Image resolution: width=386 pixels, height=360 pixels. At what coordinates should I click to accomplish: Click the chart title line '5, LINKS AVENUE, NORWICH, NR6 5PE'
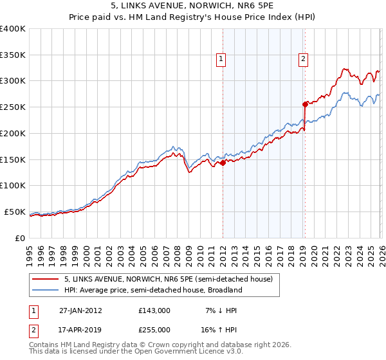[192, 7]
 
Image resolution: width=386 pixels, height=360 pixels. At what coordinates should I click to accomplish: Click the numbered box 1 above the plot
[221, 59]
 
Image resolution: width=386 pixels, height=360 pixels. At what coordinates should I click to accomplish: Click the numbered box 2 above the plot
[303, 59]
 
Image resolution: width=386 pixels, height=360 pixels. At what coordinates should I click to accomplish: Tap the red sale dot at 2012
[223, 163]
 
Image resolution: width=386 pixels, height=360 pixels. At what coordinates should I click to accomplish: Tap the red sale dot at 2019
[305, 104]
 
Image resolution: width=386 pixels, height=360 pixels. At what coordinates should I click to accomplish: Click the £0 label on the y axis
[19, 238]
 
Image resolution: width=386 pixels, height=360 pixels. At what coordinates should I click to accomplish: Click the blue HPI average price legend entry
[152, 290]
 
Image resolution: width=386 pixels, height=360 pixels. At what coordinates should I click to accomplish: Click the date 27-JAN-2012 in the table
[80, 310]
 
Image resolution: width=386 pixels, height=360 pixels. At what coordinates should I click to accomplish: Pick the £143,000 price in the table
[154, 310]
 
